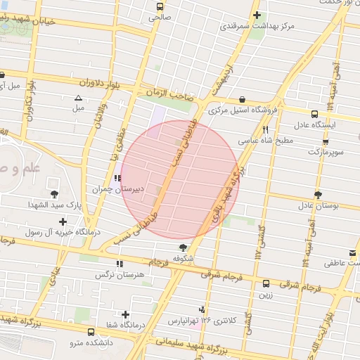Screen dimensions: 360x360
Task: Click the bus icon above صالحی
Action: click(x=159, y=7)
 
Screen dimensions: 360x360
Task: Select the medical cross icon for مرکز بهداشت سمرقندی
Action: click(x=257, y=15)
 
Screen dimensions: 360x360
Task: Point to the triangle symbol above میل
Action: click(x=78, y=97)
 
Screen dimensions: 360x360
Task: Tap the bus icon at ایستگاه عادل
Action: click(x=314, y=112)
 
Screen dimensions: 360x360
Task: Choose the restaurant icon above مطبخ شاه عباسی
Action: click(x=265, y=129)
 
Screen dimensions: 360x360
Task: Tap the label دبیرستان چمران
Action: click(x=116, y=189)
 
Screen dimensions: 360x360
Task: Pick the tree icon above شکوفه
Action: click(x=184, y=247)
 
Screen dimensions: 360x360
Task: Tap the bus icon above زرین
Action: click(x=265, y=284)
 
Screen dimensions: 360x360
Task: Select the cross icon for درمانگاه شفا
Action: click(x=126, y=314)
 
